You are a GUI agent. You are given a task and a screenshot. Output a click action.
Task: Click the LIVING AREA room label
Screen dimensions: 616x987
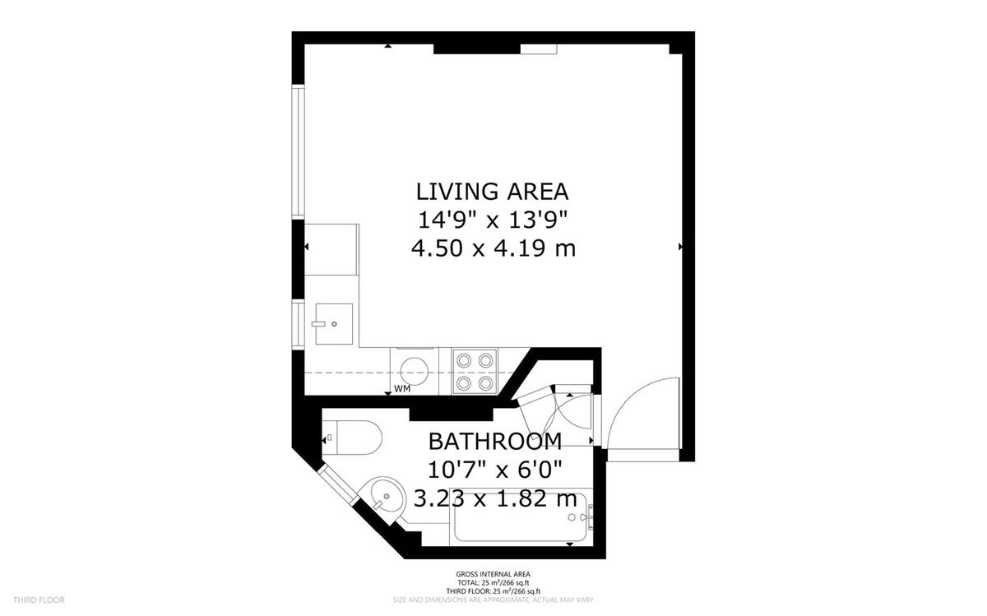[492, 192]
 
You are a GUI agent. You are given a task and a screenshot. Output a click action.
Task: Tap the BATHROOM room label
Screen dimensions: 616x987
[495, 442]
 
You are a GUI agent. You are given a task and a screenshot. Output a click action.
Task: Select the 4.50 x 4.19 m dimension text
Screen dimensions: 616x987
[493, 248]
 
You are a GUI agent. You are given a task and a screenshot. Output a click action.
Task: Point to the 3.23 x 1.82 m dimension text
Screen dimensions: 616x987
[495, 498]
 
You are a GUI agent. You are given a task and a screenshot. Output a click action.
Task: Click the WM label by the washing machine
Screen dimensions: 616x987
[402, 388]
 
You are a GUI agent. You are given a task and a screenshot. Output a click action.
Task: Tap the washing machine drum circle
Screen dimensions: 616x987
[415, 369]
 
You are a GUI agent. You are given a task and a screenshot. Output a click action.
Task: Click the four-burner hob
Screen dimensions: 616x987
[475, 370]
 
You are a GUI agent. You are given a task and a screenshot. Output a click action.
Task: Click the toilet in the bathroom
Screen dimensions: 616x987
[351, 437]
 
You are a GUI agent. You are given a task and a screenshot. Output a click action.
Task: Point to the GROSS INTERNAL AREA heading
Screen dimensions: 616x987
[493, 574]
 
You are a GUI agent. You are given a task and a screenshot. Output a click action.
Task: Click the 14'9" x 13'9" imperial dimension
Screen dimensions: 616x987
[493, 220]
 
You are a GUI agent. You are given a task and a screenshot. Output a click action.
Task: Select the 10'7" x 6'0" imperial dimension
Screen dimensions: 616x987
[495, 470]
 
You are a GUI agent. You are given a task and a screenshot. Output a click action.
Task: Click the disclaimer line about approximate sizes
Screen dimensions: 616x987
[493, 600]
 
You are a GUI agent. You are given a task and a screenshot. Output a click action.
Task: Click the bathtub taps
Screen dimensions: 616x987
[585, 516]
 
